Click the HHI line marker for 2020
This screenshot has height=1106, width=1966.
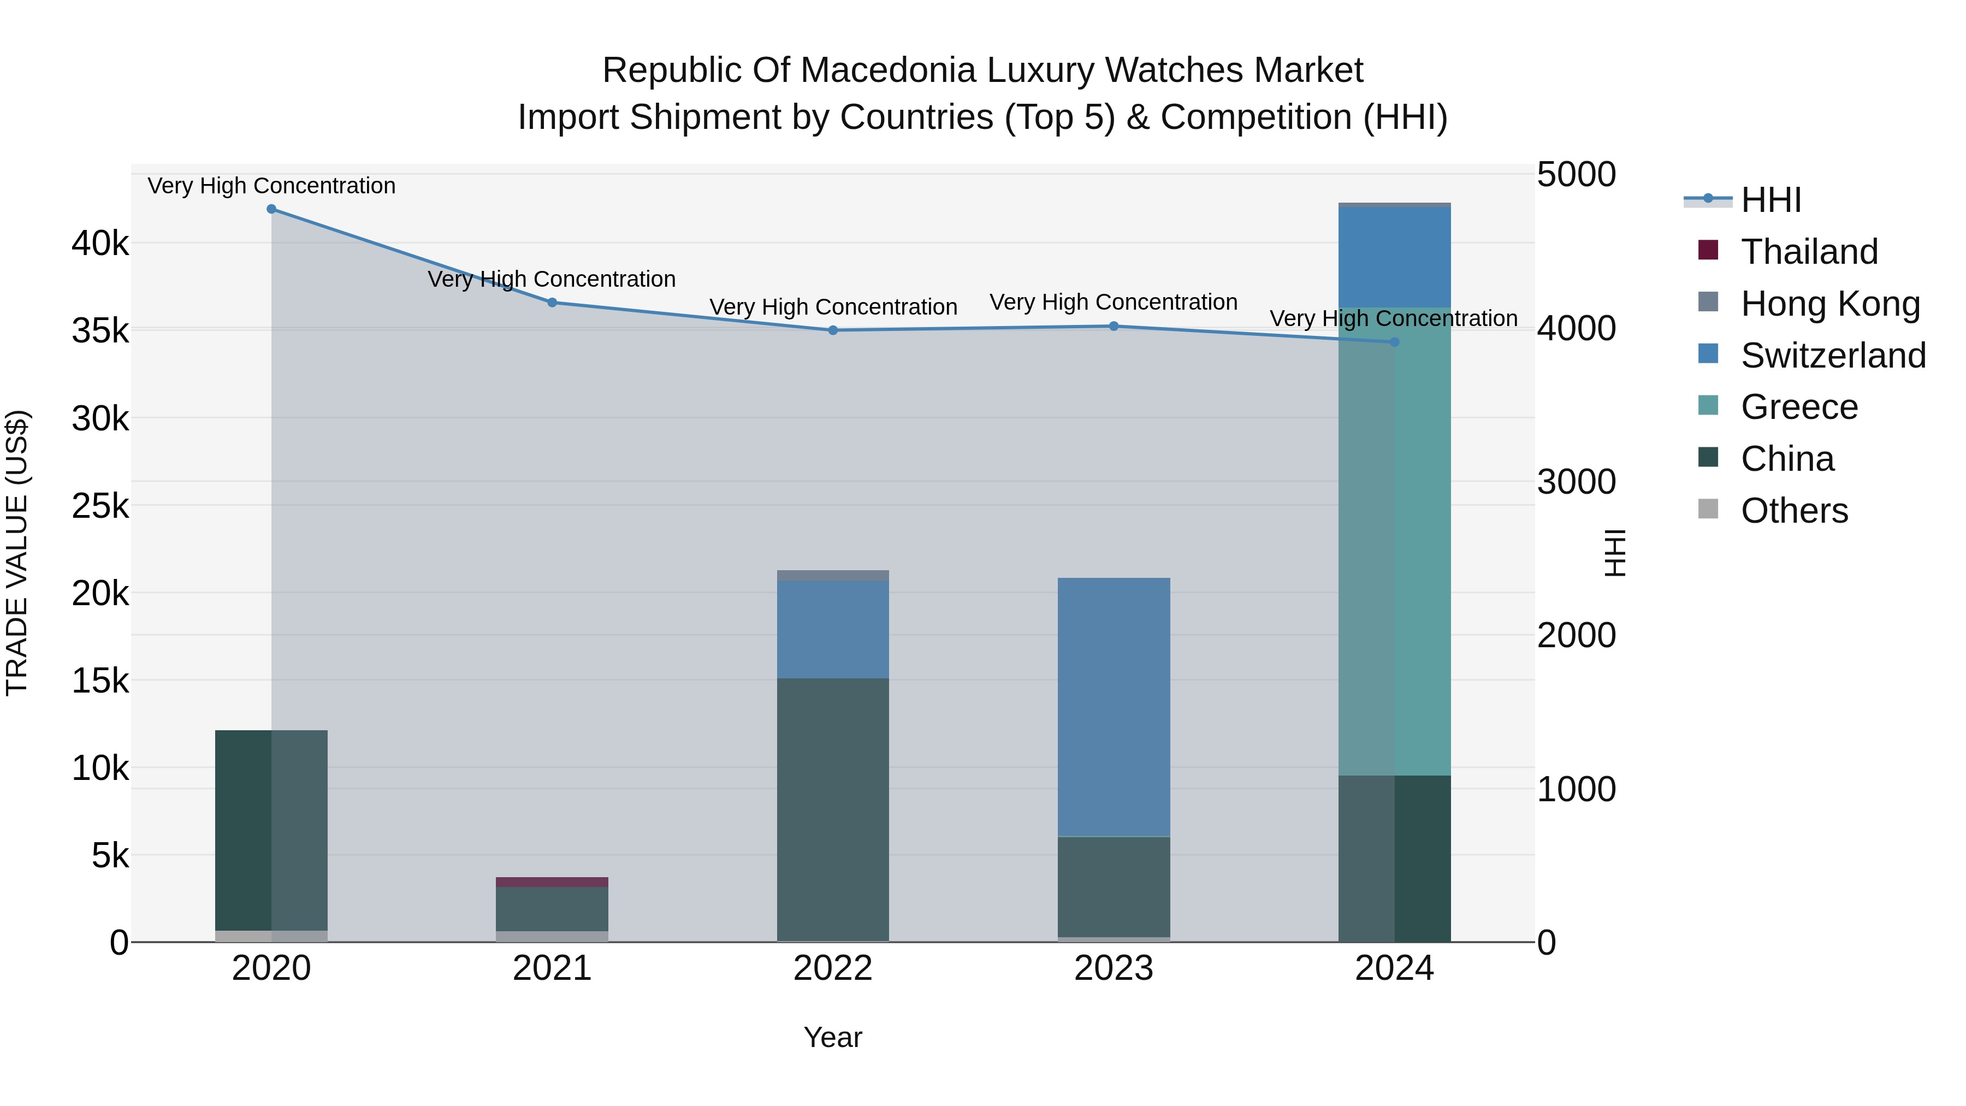(x=272, y=209)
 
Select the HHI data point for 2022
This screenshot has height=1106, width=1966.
(x=833, y=330)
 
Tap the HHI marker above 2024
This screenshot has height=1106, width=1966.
(x=1394, y=342)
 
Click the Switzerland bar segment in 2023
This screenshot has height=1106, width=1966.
(x=1114, y=707)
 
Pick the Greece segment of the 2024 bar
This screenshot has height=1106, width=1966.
(x=1394, y=542)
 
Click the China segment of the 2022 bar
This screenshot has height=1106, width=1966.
(x=833, y=809)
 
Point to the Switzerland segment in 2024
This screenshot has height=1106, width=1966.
(x=1394, y=257)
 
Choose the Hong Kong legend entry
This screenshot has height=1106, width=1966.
(x=1829, y=304)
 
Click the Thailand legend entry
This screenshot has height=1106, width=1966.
(x=1809, y=252)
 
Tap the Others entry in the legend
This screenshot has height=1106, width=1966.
(x=1793, y=511)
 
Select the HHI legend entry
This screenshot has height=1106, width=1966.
(x=1770, y=200)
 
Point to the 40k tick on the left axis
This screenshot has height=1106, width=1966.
(x=100, y=244)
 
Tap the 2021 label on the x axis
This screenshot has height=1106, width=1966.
(x=552, y=968)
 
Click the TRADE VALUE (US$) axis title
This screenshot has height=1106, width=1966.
(x=17, y=553)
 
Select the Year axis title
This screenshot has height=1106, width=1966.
(x=833, y=1037)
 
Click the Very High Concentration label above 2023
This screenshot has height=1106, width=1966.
(x=1114, y=302)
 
